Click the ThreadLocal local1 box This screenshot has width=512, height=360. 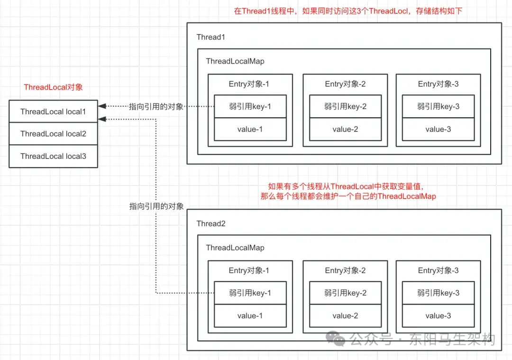(53, 111)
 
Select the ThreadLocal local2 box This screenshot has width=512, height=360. (53, 134)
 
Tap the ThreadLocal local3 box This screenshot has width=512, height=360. (53, 156)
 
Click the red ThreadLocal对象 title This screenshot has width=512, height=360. (53, 87)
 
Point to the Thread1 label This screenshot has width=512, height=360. (210, 37)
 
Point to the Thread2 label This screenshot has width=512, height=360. (210, 223)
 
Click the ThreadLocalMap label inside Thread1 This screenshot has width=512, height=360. (235, 61)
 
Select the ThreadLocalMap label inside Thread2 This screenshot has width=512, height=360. (235, 248)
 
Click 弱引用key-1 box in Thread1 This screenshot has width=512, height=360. (250, 107)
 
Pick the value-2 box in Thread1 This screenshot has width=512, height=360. (345, 129)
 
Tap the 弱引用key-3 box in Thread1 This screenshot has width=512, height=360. (438, 107)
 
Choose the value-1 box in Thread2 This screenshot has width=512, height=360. (250, 315)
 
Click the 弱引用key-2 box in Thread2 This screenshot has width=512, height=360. (345, 293)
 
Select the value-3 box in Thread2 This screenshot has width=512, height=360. (438, 315)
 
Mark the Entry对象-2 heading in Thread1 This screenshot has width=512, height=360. (345, 84)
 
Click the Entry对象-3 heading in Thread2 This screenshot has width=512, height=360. (438, 270)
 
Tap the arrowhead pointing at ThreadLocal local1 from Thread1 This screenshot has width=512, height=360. (101, 107)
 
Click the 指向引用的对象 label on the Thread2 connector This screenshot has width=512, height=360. (156, 206)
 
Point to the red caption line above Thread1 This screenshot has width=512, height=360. (347, 11)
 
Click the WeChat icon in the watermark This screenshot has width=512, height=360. (338, 339)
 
